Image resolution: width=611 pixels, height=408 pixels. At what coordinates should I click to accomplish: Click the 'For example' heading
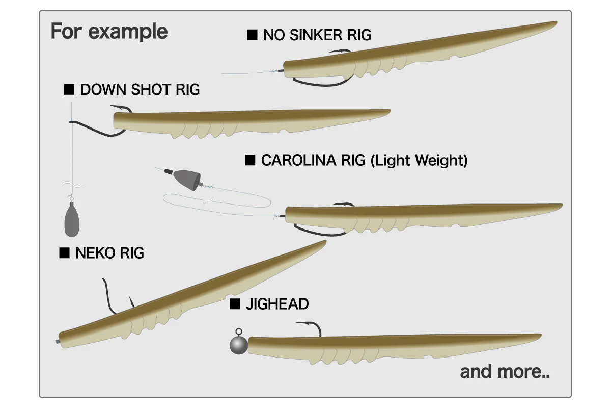pos(109,32)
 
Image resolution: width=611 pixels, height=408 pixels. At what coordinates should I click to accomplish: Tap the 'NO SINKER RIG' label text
pos(317,35)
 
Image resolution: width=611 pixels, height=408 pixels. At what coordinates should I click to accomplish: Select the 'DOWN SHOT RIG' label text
pos(140,89)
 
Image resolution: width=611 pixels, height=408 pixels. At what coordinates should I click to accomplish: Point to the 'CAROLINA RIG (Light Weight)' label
pos(365,160)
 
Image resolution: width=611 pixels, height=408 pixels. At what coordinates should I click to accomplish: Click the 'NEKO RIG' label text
pos(109,253)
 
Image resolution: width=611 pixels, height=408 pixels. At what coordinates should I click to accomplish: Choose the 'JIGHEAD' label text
pos(277,304)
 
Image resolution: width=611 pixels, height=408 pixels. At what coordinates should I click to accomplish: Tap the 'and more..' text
pos(505,372)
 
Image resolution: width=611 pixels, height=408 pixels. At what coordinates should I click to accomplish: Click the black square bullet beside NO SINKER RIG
pos(252,35)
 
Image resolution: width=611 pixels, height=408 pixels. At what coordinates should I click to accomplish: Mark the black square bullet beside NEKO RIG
pos(64,253)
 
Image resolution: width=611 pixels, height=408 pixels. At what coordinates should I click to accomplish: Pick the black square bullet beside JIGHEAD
pos(235,304)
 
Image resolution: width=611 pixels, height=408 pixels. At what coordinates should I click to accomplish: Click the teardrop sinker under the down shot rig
pos(72,219)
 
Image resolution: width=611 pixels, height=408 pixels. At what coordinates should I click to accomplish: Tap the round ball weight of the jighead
pos(239,345)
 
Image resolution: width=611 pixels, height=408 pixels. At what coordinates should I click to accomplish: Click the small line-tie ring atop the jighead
pos(239,332)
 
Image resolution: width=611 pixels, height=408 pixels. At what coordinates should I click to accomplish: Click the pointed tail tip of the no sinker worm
pos(556,22)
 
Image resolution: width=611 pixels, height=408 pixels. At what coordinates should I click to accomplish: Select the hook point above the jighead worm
pos(297,323)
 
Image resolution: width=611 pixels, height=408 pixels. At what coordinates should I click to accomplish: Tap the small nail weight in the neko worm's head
pos(58,341)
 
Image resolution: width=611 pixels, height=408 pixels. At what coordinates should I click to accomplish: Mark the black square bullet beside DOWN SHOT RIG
pos(69,89)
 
